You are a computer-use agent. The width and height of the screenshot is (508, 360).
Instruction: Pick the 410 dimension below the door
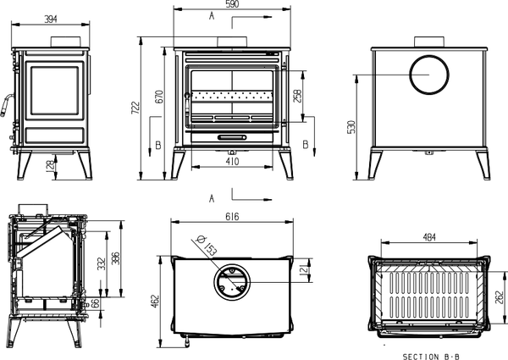pyautogui.click(x=232, y=160)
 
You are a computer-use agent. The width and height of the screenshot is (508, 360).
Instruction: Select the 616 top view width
pyautogui.click(x=231, y=218)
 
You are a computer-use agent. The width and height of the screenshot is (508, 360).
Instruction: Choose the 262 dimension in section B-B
pyautogui.click(x=502, y=297)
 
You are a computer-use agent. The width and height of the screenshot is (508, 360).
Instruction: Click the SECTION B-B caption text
pyautogui.click(x=433, y=354)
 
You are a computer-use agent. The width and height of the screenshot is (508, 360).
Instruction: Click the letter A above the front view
pyautogui.click(x=211, y=17)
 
